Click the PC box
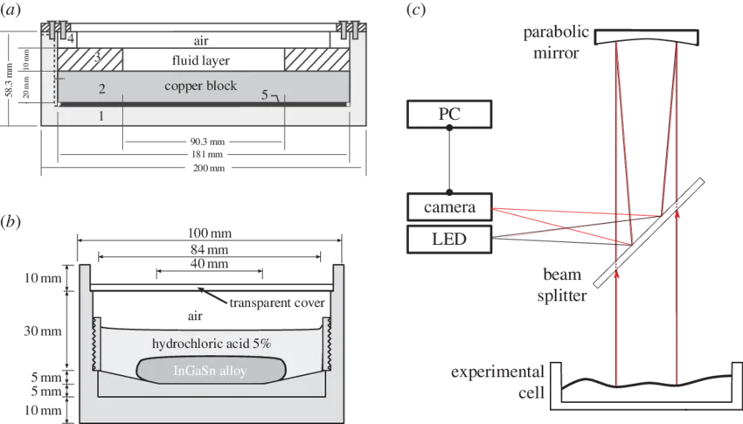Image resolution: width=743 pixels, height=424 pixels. click(x=449, y=115)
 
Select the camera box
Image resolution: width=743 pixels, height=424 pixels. click(x=449, y=207)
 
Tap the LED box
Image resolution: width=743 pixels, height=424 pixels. click(x=449, y=239)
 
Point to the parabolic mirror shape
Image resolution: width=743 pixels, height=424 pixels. click(x=646, y=38)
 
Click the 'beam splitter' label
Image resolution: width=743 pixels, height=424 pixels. click(x=562, y=285)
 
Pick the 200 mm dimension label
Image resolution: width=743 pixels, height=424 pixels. click(x=209, y=168)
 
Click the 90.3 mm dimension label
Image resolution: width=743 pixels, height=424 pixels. click(x=207, y=141)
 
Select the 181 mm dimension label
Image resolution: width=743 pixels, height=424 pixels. click(x=207, y=155)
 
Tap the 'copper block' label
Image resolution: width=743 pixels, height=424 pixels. click(x=201, y=87)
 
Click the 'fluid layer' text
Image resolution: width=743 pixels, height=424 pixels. click(x=201, y=60)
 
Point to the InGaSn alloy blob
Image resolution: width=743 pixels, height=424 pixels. click(x=212, y=370)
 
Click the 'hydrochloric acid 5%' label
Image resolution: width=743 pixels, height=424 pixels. click(x=212, y=344)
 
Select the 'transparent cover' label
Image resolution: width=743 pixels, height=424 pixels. click(x=277, y=302)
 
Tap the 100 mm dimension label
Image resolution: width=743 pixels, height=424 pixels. click(x=210, y=233)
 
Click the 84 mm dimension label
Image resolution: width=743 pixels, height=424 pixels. click(x=210, y=250)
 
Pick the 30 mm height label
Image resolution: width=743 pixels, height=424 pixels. click(x=43, y=330)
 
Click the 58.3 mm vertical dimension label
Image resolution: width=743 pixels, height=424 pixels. click(x=9, y=79)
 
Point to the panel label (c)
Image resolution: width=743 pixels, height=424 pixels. click(x=416, y=10)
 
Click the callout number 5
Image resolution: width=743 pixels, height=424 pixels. click(x=265, y=94)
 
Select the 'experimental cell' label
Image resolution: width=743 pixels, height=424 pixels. click(x=497, y=382)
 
